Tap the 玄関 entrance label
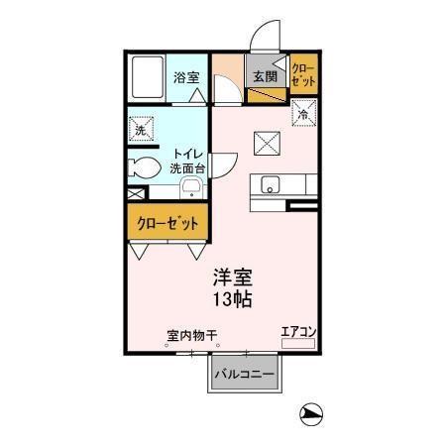[262, 76]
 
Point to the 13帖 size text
[228, 299]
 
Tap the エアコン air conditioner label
[297, 331]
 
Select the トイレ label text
[189, 154]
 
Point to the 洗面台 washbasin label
[189, 168]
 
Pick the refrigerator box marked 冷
[302, 114]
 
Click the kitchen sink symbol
[272, 185]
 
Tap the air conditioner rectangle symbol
[297, 343]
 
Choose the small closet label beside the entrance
[303, 75]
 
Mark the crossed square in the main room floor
[266, 143]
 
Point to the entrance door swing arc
[262, 40]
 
